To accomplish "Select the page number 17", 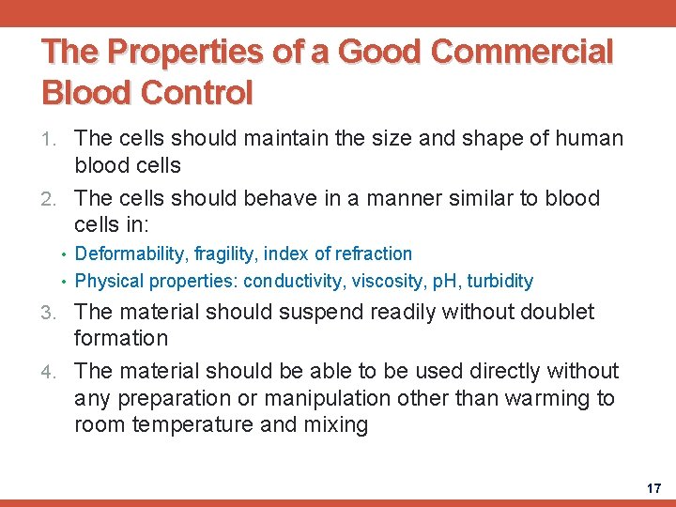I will coord(653,488).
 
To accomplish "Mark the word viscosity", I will coord(388,281).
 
